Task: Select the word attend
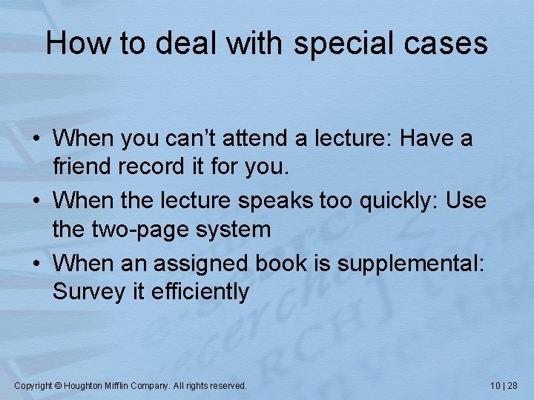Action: click(x=291, y=139)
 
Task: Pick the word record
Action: click(x=151, y=167)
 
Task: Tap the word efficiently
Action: click(x=200, y=292)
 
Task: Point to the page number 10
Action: click(x=496, y=386)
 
